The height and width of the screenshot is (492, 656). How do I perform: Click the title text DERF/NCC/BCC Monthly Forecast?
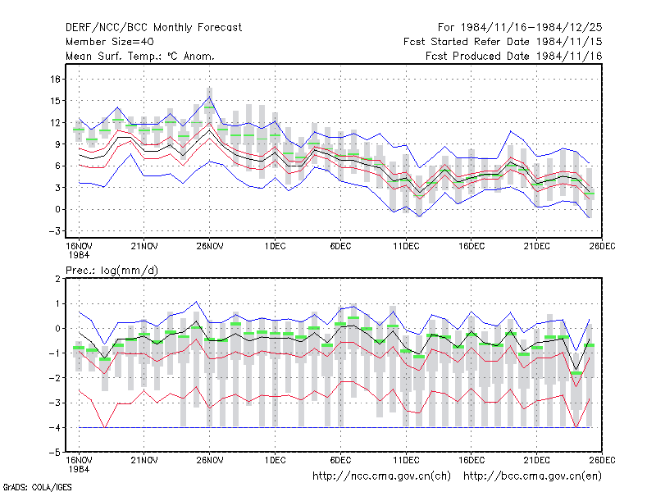(153, 28)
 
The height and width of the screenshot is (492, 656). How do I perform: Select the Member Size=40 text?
(110, 42)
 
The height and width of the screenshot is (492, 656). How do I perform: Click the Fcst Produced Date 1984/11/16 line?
(514, 56)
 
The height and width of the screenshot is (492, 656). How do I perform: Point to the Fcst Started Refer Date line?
(503, 42)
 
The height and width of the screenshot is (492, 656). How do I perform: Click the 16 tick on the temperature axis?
(55, 79)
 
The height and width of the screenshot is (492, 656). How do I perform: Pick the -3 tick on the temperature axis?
(54, 231)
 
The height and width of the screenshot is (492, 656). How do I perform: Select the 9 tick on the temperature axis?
(57, 144)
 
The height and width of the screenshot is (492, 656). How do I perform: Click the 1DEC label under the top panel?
(275, 246)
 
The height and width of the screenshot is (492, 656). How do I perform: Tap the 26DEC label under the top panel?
(602, 246)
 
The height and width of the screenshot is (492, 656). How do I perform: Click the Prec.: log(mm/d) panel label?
(112, 271)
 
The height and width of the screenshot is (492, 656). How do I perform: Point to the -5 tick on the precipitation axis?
(54, 453)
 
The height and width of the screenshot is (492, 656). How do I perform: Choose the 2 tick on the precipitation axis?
(57, 279)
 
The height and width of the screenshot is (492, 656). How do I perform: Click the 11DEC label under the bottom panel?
(406, 460)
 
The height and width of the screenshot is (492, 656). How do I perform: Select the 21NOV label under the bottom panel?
(144, 460)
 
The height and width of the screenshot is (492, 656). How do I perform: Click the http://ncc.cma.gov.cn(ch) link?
(381, 476)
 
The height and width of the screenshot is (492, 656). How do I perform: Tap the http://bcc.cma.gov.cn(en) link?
(532, 476)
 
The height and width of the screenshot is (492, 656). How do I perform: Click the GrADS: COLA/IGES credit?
(37, 487)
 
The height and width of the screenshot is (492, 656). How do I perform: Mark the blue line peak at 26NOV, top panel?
(209, 97)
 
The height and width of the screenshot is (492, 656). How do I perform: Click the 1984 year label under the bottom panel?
(79, 469)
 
